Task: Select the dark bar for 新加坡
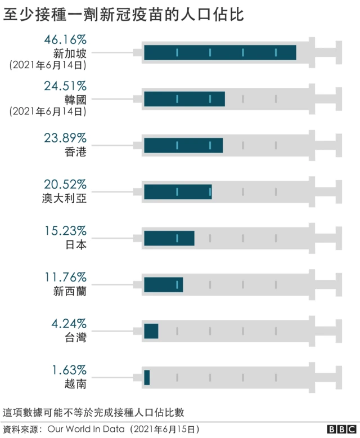tap(220, 52)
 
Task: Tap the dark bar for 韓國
tap(184, 99)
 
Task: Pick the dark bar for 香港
tap(183, 145)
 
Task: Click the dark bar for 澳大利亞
tap(178, 192)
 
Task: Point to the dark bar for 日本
tap(169, 238)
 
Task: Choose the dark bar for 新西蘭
tap(163, 285)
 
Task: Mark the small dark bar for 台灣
tap(151, 331)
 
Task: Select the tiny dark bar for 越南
tap(147, 377)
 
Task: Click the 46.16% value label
tap(65, 40)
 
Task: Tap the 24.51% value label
tap(65, 86)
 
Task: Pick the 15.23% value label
tap(65, 230)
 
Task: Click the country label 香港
tap(75, 152)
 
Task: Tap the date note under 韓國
tap(48, 111)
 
